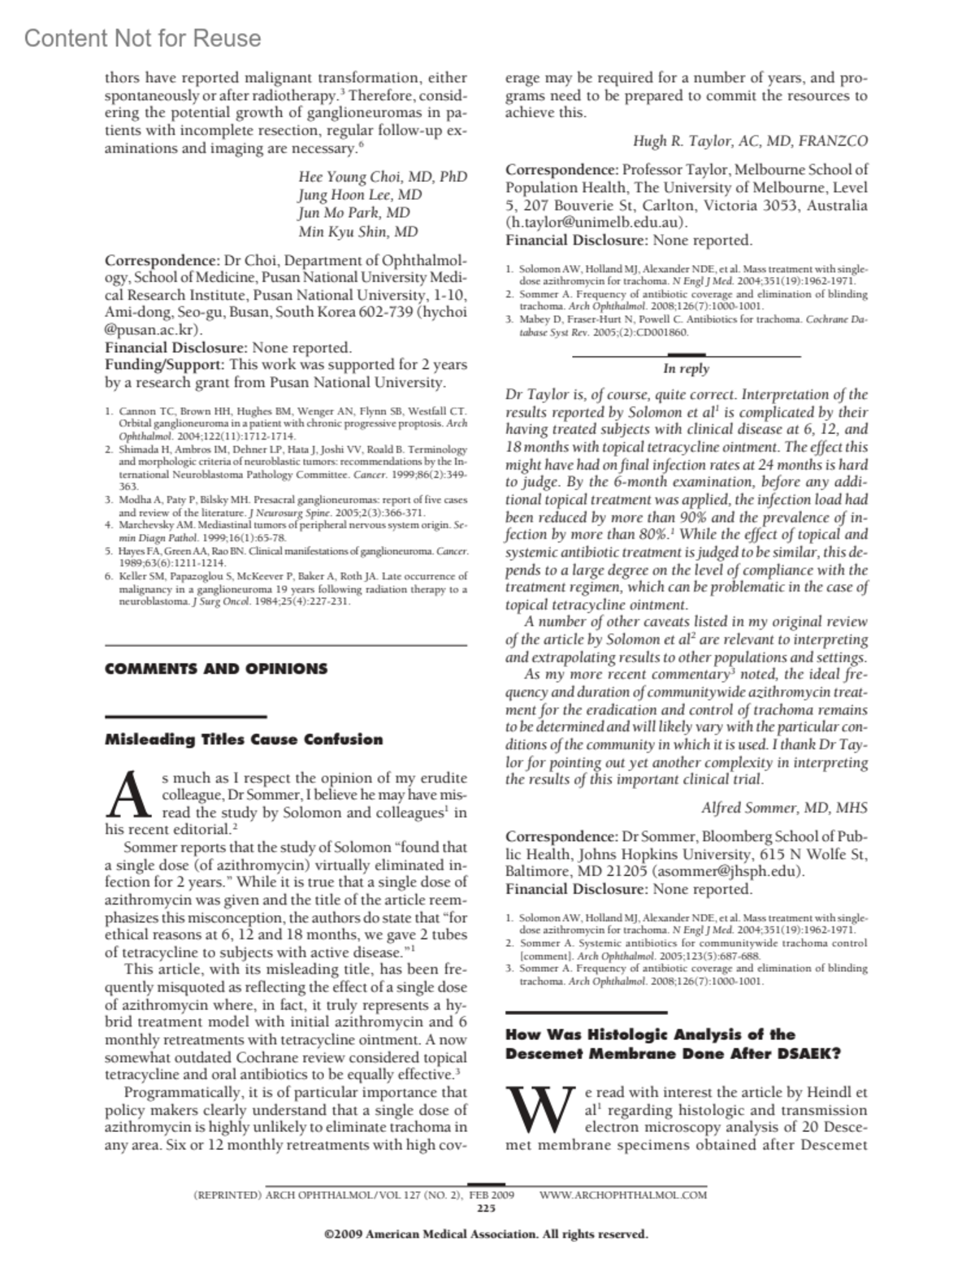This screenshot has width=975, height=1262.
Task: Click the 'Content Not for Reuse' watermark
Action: click(143, 38)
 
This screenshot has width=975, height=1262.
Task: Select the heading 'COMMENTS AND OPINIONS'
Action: click(216, 669)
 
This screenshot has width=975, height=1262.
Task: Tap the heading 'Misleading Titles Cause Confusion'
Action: click(244, 739)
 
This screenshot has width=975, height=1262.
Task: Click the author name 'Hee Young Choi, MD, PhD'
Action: click(383, 177)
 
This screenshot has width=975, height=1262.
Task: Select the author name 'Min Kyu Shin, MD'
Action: click(358, 232)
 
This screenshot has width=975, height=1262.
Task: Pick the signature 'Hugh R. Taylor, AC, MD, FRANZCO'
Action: click(750, 141)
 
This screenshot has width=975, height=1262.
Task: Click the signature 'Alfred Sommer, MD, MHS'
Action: click(784, 808)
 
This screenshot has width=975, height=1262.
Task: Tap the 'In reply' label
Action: click(686, 369)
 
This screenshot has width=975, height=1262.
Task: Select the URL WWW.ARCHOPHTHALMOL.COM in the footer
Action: click(622, 1195)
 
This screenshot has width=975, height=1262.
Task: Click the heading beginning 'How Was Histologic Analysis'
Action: click(672, 1044)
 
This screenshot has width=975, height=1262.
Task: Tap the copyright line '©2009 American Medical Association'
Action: click(486, 1234)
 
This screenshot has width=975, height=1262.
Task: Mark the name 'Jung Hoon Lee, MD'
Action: click(360, 195)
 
